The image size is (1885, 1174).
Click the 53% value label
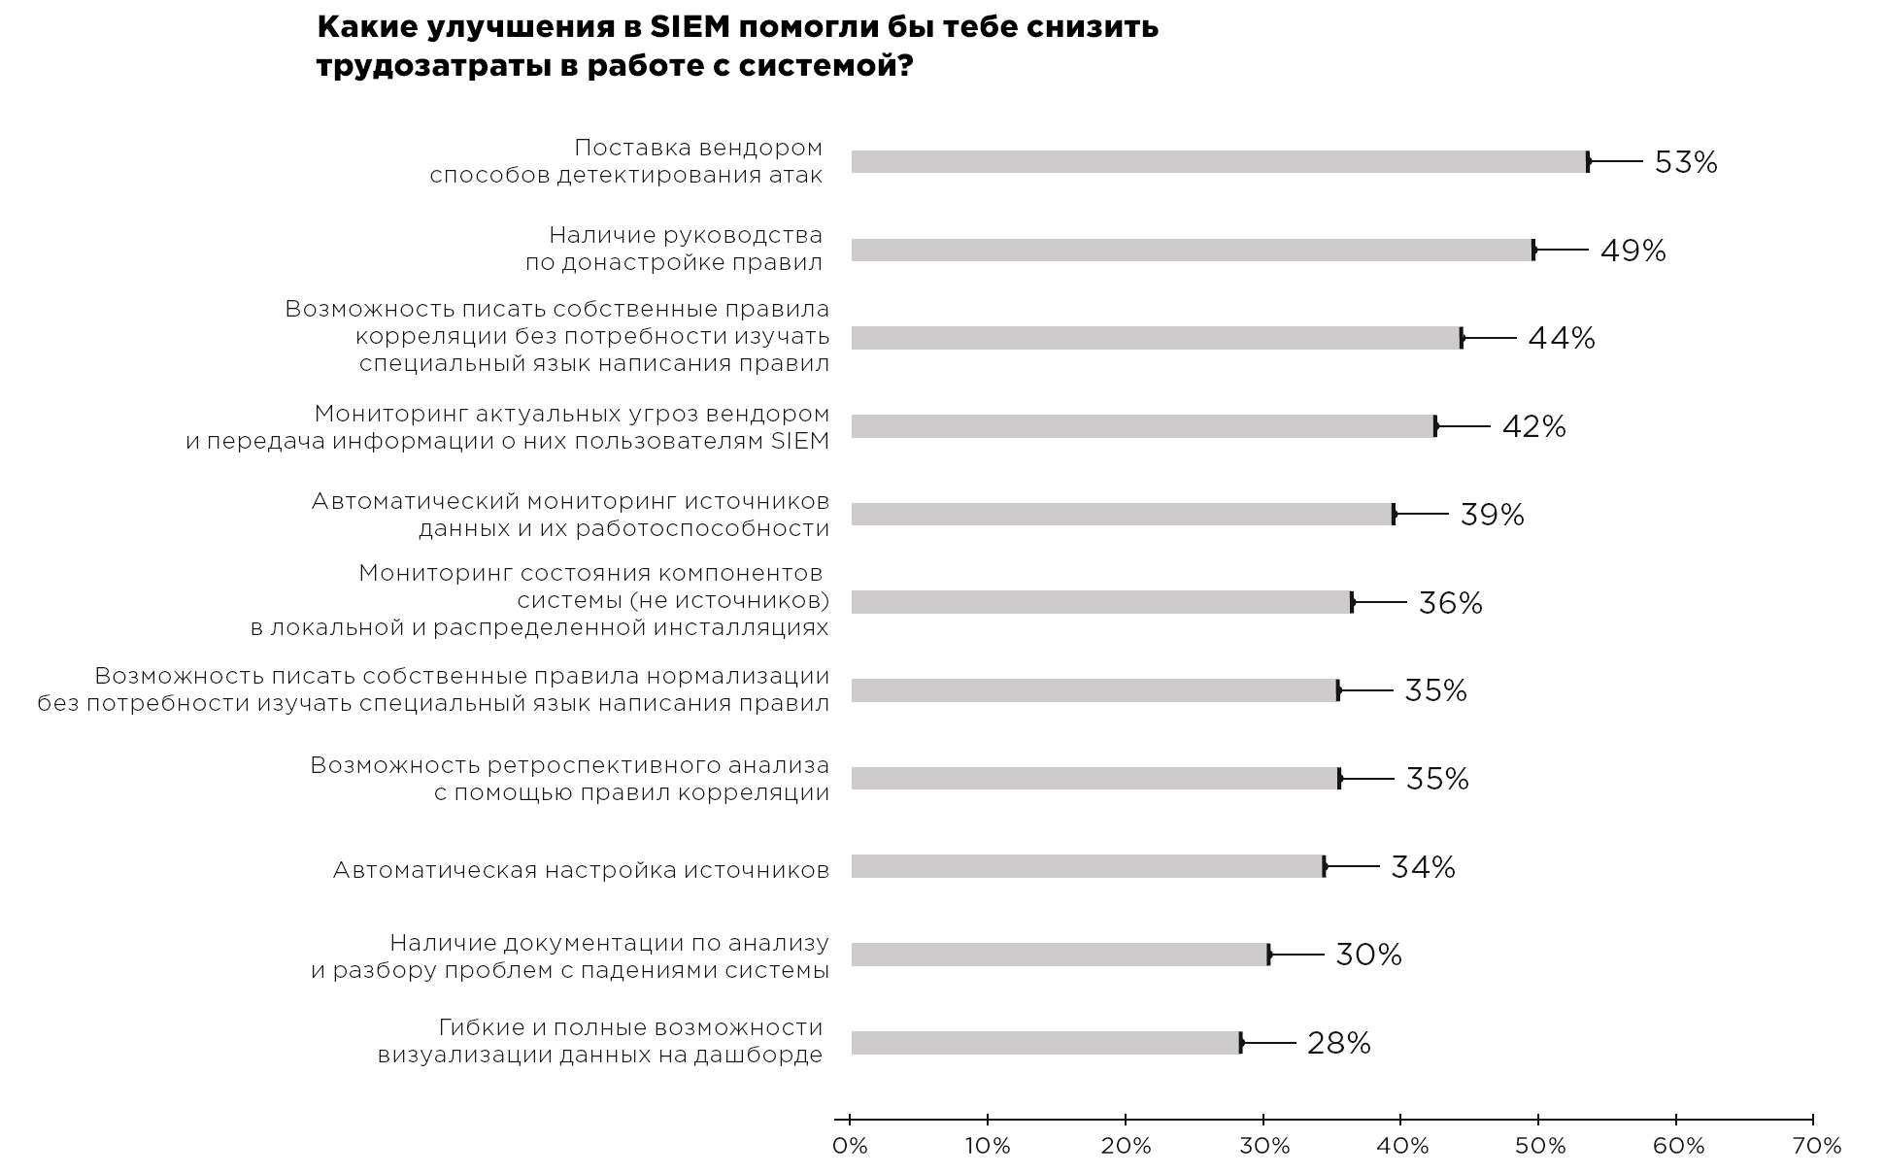(1685, 162)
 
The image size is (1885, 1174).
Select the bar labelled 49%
(1192, 251)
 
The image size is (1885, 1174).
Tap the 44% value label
(1561, 338)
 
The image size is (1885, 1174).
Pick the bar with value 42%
(1143, 426)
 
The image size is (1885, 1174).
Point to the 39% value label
(1492, 515)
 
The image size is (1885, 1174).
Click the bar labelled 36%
(1101, 602)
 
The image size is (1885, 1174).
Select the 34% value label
(1423, 867)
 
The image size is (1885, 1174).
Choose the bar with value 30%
(1060, 955)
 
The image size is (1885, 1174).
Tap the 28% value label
(1338, 1043)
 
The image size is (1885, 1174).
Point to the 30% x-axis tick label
(1263, 1146)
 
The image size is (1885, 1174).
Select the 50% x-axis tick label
(1539, 1146)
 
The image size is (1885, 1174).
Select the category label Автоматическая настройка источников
(581, 870)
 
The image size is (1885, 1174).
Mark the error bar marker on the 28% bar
(1241, 1043)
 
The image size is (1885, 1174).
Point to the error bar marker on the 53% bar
(1588, 162)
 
